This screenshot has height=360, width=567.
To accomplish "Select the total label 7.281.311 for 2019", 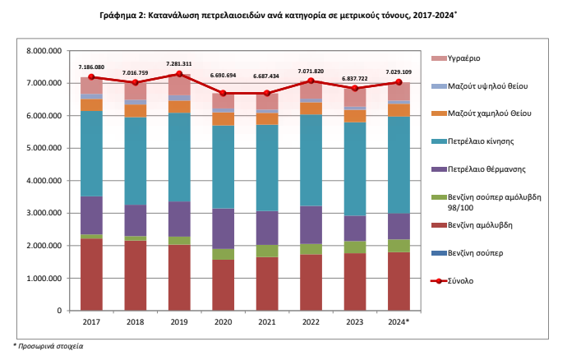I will click(178, 63).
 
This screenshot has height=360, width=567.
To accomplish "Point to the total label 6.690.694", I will click(223, 76).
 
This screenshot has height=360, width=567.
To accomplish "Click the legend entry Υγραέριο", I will click(464, 58).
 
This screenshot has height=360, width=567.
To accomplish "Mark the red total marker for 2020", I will click(223, 94).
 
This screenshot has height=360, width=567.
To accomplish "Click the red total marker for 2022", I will click(311, 81).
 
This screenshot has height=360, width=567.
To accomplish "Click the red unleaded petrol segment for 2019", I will click(179, 278).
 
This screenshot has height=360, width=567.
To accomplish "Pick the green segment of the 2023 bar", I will click(355, 247).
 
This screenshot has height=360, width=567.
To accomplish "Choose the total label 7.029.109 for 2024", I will click(399, 72).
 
